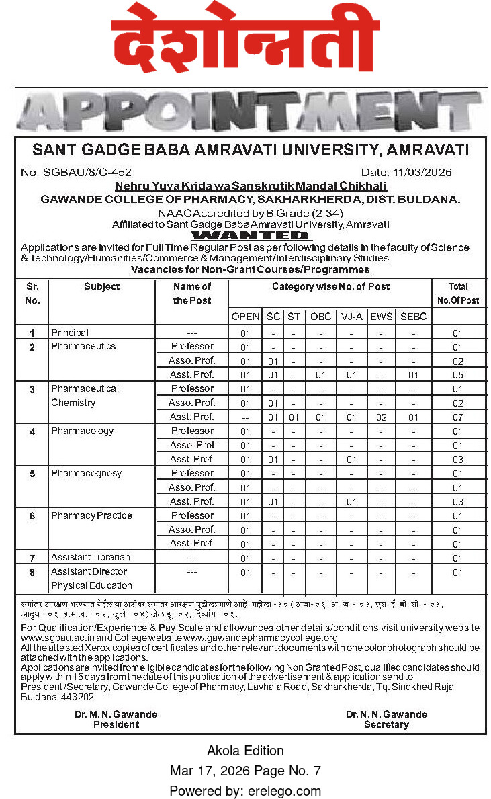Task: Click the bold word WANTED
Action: click(x=251, y=235)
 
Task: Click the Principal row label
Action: click(x=70, y=333)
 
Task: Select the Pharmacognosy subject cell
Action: click(x=87, y=473)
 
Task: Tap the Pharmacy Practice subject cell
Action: click(x=91, y=515)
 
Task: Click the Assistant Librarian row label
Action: click(x=91, y=557)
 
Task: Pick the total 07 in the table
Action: click(x=457, y=417)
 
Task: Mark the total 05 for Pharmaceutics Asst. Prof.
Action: click(x=457, y=375)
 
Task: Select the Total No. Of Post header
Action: click(x=457, y=294)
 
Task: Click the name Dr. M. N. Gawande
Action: click(x=116, y=714)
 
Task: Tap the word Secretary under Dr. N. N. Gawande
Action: click(x=386, y=724)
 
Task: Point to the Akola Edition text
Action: click(x=245, y=751)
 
